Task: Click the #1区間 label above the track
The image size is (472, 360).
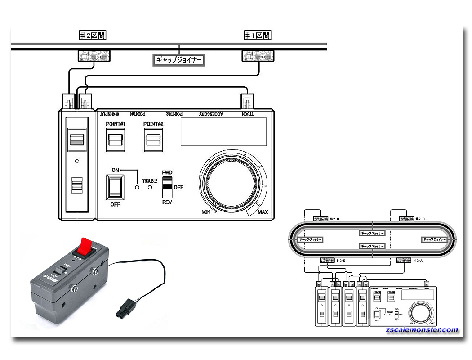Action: click(258, 35)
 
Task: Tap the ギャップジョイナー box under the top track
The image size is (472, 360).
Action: click(179, 59)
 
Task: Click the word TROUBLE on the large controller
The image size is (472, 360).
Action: click(150, 180)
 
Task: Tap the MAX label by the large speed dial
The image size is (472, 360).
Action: click(263, 212)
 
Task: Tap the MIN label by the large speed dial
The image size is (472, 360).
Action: click(206, 211)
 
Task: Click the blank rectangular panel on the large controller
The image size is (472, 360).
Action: click(223, 132)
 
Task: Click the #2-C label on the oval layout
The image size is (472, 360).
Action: click(334, 219)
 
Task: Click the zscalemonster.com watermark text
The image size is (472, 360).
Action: click(422, 330)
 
